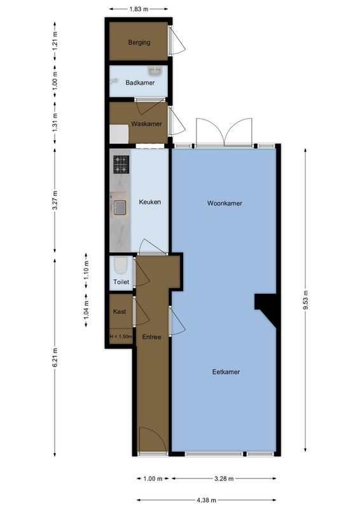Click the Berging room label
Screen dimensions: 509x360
point(139,43)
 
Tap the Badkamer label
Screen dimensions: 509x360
point(139,83)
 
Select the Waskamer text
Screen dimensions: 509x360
point(146,123)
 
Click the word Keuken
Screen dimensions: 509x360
point(150,202)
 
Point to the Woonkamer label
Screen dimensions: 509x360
point(225,204)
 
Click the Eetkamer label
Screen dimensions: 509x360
point(226,372)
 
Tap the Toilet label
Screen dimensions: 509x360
point(121,282)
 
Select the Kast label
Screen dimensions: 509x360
point(120,312)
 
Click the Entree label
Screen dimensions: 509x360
point(151,337)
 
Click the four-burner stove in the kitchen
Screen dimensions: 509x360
point(121,165)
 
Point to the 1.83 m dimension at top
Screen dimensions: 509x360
point(138,9)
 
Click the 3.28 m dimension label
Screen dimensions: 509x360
point(224,478)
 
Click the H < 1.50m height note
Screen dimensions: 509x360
point(121,337)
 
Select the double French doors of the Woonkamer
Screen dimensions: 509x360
point(225,132)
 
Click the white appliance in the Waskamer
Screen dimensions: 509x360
point(119,134)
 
